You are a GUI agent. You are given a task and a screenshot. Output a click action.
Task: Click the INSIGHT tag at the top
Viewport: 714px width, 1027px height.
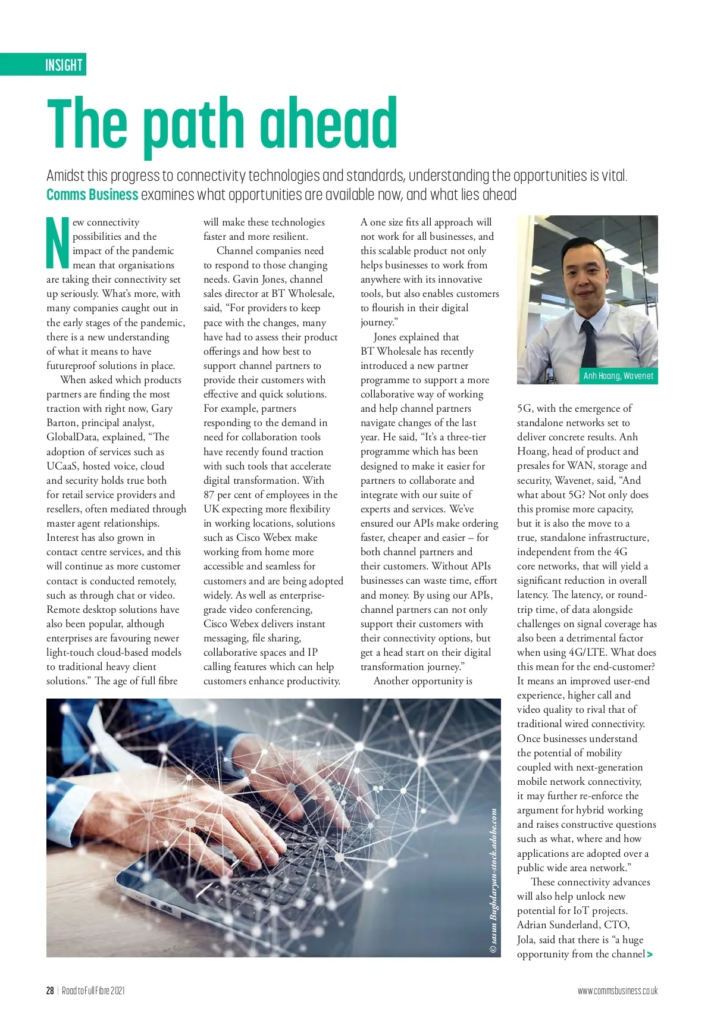coord(64,64)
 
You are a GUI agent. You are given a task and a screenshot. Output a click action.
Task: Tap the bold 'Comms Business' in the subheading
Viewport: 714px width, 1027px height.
coord(92,195)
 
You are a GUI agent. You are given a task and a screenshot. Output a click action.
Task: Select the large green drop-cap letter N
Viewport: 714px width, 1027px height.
coord(57,243)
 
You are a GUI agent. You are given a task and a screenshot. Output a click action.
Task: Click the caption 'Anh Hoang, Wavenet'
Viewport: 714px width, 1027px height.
coord(618,376)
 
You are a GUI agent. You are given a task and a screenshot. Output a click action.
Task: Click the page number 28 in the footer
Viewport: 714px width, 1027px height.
coord(50,991)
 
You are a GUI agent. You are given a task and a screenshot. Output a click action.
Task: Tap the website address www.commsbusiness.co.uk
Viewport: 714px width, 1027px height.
coord(617,991)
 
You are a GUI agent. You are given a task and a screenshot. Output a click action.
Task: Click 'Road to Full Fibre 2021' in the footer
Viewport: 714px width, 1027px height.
coord(93,991)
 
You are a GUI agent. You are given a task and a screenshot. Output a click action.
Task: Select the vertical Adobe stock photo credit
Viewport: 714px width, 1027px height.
coord(494,881)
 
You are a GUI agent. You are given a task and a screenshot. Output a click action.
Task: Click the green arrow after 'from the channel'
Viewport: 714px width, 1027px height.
coord(650,954)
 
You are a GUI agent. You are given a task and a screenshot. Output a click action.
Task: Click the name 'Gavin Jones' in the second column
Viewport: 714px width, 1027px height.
coord(261,279)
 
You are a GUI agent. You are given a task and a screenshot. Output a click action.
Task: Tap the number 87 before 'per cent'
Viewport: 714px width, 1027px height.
coord(209,494)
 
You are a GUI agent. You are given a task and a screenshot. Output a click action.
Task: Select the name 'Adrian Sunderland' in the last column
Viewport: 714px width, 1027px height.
coord(559,925)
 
